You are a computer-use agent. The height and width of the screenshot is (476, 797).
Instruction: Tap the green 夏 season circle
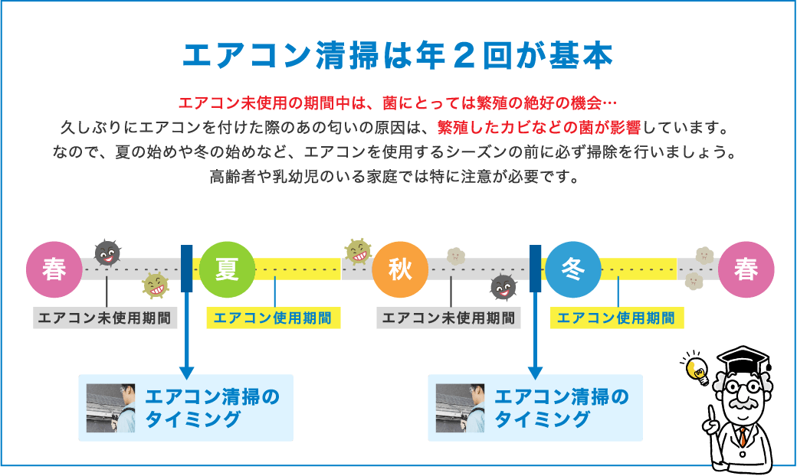[x=227, y=270]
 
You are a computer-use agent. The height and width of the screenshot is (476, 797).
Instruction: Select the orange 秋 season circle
[x=400, y=270]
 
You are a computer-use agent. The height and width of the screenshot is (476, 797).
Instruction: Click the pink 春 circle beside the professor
[x=746, y=270]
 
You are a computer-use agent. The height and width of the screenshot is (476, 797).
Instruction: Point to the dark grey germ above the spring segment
[x=107, y=253]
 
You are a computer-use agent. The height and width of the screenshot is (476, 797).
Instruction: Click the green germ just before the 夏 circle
[x=156, y=286]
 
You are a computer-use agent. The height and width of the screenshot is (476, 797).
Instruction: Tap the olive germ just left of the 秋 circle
[x=357, y=251]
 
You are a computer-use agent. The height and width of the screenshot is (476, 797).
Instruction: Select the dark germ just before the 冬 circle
[x=503, y=287]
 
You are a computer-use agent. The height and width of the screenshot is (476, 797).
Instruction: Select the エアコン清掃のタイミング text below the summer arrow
[x=212, y=408]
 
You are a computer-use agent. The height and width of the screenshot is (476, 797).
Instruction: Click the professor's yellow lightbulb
[x=698, y=369]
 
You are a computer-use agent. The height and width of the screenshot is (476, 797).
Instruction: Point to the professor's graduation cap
[x=742, y=359]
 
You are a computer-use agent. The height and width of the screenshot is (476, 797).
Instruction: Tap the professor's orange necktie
[x=742, y=437]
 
